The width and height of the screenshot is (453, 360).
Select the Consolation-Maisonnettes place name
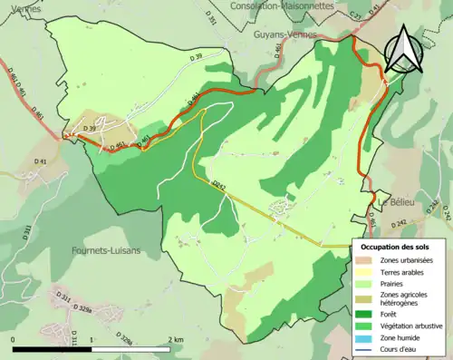[283, 6]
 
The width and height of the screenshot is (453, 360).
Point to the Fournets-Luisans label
[107, 251]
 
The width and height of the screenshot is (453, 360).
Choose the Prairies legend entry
[393, 284]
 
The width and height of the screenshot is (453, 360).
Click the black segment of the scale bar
[52, 347]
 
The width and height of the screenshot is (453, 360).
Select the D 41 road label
[40, 161]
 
